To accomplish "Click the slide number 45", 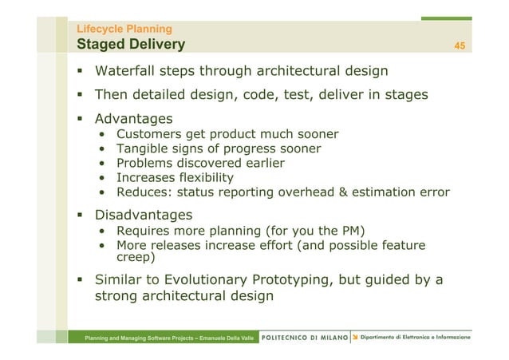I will (x=460, y=45).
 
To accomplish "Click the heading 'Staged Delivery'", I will (x=130, y=44).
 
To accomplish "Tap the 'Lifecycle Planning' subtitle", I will (x=118, y=30).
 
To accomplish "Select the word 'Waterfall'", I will (x=128, y=71).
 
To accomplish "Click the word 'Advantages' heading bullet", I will (x=134, y=119).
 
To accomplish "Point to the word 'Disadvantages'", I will (x=144, y=216).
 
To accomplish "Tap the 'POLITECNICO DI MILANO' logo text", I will (x=305, y=337).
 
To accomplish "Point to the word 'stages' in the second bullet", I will (x=404, y=95).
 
